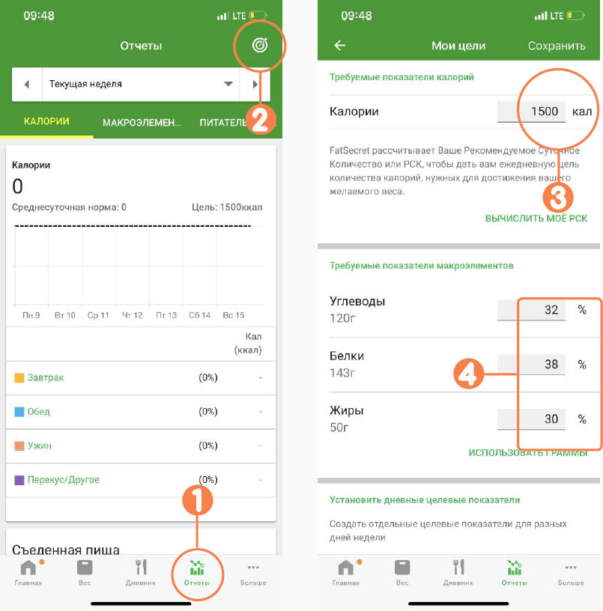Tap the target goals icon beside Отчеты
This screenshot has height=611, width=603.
click(260, 45)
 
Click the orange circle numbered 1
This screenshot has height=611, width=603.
click(198, 499)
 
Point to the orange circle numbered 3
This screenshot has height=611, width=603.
click(558, 198)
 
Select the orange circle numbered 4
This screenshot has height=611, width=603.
click(468, 374)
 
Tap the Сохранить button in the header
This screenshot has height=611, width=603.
click(557, 46)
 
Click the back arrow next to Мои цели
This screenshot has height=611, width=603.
click(340, 45)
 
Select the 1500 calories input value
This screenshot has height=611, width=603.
click(545, 111)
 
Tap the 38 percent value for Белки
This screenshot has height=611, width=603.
click(551, 364)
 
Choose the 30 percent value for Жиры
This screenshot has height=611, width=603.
click(551, 419)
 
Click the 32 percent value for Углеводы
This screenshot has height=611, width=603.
click(551, 309)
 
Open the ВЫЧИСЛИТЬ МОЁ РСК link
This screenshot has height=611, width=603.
click(536, 218)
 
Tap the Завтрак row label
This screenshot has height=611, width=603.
click(46, 377)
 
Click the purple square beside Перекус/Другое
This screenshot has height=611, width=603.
click(19, 480)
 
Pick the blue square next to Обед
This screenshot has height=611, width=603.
click(19, 412)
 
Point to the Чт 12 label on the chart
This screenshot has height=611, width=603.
click(132, 314)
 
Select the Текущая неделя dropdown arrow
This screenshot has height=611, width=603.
click(228, 84)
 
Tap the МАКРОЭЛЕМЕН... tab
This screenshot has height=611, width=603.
click(142, 123)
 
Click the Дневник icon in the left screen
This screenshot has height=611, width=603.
click(141, 568)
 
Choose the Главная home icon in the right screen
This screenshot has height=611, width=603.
click(346, 568)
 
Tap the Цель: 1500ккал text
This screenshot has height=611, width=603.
click(227, 207)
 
